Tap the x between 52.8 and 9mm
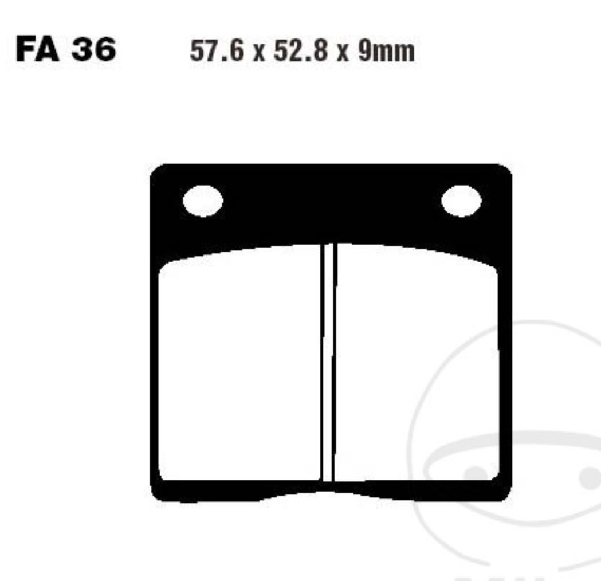[343, 54]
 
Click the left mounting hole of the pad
[203, 202]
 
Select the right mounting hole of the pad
[461, 202]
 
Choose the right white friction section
[417, 367]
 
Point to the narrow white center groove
[327, 367]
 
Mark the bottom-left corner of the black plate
[154, 497]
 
